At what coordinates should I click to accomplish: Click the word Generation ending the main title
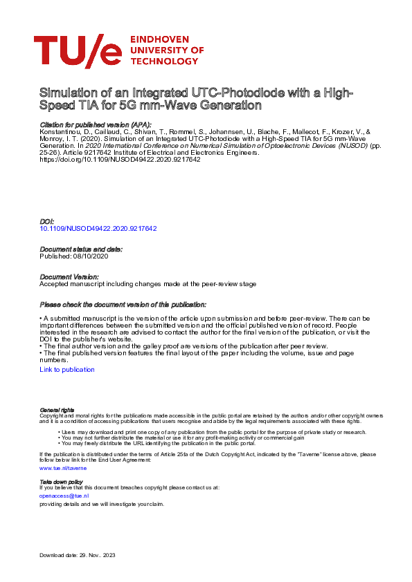coord(228,106)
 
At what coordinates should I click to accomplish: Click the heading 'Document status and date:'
coord(81,249)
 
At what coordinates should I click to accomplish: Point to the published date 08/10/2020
coord(89,256)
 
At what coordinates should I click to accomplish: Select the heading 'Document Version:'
coord(69,276)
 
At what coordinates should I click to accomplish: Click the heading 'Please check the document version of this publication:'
coord(123,304)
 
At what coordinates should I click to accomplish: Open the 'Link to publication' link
coord(67,370)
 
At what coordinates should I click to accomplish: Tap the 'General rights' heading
coord(57,410)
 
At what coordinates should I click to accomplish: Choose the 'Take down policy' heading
coord(61,482)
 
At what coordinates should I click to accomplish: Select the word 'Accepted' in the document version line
coord(53,283)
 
